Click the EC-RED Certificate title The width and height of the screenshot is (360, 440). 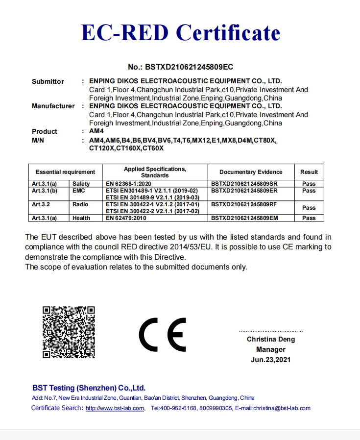coord(180,33)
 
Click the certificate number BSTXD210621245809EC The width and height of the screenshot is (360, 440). coord(180,67)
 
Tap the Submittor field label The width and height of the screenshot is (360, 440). coord(48,81)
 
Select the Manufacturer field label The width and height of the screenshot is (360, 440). coord(53,106)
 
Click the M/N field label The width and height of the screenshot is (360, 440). coord(38,141)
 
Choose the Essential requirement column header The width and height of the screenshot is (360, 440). coord(65,172)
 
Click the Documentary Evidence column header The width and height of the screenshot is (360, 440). coord(251,172)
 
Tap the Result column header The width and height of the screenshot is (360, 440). coord(309,172)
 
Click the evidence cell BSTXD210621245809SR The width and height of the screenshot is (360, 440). coord(244,184)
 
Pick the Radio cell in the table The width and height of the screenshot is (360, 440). coord(80,204)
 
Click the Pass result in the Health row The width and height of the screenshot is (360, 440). coord(309,218)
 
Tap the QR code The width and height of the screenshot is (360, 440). coord(69,332)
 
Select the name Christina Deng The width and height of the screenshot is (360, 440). coord(271,339)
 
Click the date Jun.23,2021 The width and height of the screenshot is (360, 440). coord(271,360)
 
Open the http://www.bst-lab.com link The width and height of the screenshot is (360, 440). coord(115,408)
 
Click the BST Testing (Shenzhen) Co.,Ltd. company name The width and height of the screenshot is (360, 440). coord(89,388)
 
